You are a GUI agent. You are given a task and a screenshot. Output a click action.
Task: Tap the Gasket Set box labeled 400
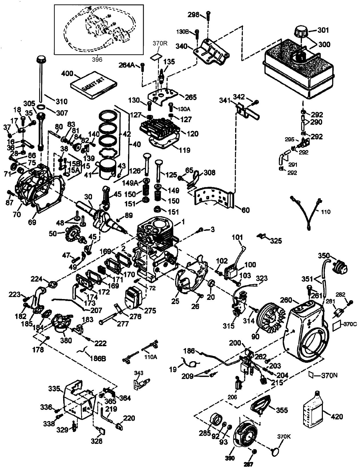point(94,85)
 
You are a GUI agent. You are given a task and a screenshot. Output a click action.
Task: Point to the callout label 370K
point(284,437)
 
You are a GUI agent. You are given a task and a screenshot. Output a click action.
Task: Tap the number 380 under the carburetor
point(66,340)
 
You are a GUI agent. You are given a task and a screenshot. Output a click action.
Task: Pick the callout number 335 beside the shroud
point(54,389)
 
